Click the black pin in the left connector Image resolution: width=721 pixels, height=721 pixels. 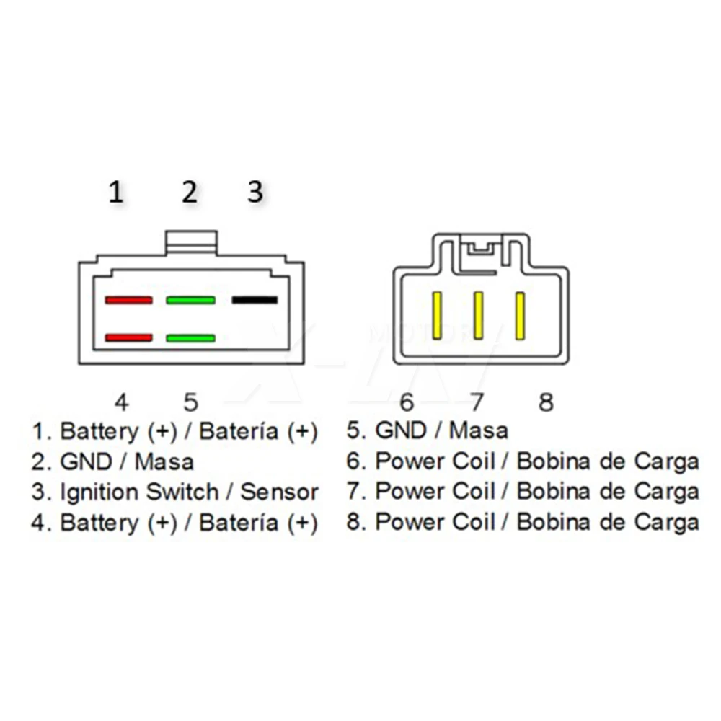point(255,299)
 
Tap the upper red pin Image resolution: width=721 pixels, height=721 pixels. point(128,299)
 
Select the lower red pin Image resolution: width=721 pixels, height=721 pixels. point(128,337)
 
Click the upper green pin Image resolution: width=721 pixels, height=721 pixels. point(190,299)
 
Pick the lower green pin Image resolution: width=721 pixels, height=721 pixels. point(190,337)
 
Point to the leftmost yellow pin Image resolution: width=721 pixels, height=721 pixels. point(436,317)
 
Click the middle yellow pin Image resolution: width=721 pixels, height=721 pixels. point(477,317)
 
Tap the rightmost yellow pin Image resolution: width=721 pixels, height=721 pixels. point(518,317)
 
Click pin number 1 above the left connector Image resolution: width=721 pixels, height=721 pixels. point(116,193)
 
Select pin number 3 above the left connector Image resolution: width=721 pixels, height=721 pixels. point(255,193)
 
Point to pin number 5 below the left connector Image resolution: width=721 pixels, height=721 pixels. point(190,401)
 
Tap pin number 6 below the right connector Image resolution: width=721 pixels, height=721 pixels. point(407,402)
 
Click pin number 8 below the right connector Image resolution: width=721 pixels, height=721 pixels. point(546,402)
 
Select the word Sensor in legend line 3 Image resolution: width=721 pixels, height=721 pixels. point(279,492)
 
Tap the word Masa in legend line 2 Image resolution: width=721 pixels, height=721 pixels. point(164,461)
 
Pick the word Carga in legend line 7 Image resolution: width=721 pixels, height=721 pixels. point(666,492)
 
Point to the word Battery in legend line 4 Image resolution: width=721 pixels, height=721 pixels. point(99,523)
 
